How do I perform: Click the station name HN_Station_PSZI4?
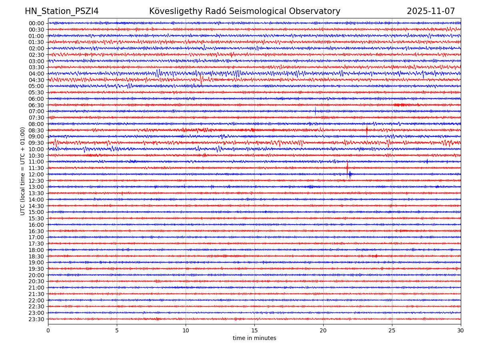[x=62, y=11]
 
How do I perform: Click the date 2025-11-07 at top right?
[x=431, y=11]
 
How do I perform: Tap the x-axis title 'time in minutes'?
[x=254, y=338]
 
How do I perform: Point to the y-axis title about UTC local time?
[x=23, y=171]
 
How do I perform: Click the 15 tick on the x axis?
[x=254, y=331]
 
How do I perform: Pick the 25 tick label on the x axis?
[x=392, y=331]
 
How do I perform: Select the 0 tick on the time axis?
[x=48, y=331]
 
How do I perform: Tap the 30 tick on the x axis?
[x=461, y=331]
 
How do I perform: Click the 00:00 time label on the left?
[x=36, y=23]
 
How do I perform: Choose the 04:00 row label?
[x=36, y=74]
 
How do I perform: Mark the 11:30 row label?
[x=36, y=168]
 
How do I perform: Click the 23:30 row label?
[x=36, y=319]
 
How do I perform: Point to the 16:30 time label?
[x=36, y=231]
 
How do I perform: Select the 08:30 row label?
[x=36, y=130]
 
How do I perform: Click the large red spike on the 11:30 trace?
[x=347, y=167]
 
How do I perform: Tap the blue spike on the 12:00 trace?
[x=350, y=174]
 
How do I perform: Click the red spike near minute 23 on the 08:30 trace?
[x=366, y=130]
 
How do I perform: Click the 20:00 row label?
[x=36, y=275]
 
